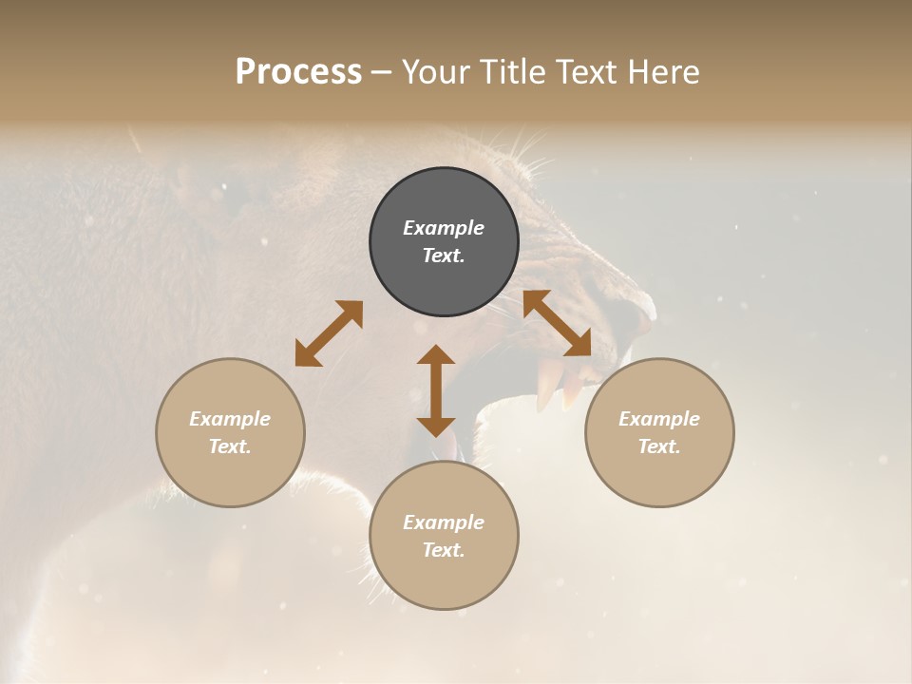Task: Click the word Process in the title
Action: [x=298, y=72]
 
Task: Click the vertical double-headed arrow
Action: [x=436, y=390]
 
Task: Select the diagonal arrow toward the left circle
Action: [x=329, y=333]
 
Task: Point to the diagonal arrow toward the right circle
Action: [x=557, y=323]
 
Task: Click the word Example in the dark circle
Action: [x=444, y=228]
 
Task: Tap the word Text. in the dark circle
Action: [x=444, y=256]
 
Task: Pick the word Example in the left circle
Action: [x=230, y=419]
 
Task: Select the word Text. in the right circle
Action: [x=659, y=446]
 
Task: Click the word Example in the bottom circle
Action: [x=444, y=522]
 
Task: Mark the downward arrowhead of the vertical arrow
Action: [x=436, y=426]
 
